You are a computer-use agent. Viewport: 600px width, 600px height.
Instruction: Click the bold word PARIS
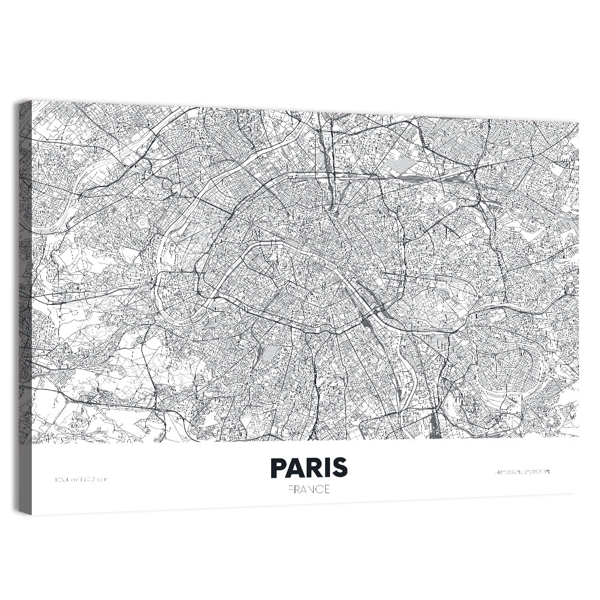(309, 467)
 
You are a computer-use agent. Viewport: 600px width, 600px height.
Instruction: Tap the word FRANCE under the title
(309, 489)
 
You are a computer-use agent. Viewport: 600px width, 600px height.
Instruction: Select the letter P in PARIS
(279, 467)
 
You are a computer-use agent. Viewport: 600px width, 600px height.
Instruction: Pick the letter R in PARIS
(314, 467)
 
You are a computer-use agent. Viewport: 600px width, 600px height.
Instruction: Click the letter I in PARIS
(327, 467)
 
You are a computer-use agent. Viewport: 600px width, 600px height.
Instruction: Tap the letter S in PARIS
(340, 467)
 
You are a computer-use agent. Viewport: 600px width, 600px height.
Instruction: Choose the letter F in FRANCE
(290, 489)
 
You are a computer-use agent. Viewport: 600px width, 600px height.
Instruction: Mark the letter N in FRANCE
(310, 489)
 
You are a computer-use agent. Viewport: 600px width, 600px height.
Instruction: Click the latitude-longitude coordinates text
(523, 472)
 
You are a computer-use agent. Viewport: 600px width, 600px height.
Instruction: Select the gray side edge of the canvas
(25, 306)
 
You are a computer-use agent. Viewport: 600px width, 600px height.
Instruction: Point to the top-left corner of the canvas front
(32, 101)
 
